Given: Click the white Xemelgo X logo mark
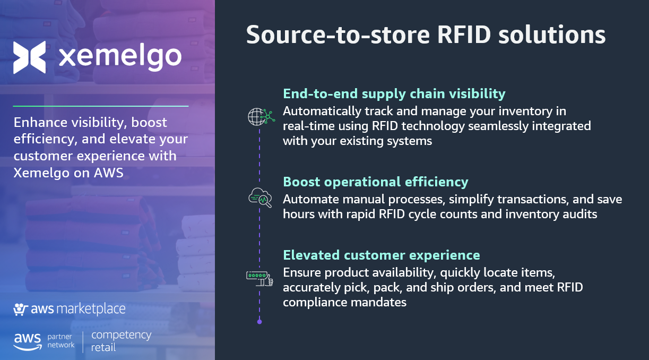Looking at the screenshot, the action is tap(30, 57).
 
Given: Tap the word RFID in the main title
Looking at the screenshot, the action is tap(464, 35).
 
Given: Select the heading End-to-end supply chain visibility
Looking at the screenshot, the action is tap(394, 94).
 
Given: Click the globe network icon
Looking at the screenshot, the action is tap(261, 117).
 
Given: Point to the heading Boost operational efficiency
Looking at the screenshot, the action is tap(376, 182).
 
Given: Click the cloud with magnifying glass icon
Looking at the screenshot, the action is tap(260, 198).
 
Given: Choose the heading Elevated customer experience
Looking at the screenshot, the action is tap(382, 255).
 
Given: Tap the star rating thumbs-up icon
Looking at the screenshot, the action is tap(259, 278).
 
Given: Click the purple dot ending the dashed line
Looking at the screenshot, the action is tap(259, 322).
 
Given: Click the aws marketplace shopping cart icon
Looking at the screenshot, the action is tap(20, 309).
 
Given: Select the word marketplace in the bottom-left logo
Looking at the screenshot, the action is tap(91, 309).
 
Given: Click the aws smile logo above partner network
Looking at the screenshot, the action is tap(28, 342).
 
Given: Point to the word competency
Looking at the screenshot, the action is tap(121, 336).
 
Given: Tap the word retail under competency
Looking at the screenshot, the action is tap(103, 347).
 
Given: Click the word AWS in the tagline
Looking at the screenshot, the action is tap(109, 173).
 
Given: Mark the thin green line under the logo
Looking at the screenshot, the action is tap(101, 106).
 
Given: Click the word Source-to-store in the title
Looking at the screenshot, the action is tap(338, 35).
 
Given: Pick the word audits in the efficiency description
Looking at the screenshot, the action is tap(580, 215).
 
